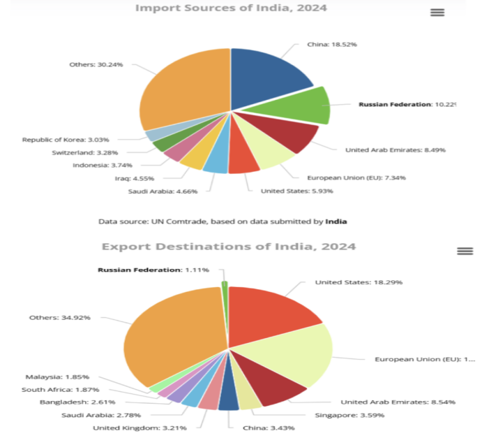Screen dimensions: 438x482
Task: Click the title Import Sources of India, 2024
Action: [x=231, y=8]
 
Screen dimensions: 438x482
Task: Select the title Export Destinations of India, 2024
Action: [x=229, y=247]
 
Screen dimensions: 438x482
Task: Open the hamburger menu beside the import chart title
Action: [x=437, y=12]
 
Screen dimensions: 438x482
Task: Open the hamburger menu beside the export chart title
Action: [x=465, y=251]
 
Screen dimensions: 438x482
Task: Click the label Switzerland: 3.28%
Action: [x=89, y=152]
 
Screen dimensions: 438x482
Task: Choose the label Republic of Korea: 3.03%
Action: [x=66, y=139]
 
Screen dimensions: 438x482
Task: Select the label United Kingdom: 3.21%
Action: [x=140, y=427]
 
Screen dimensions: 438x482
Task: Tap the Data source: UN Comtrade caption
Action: [x=223, y=221]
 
